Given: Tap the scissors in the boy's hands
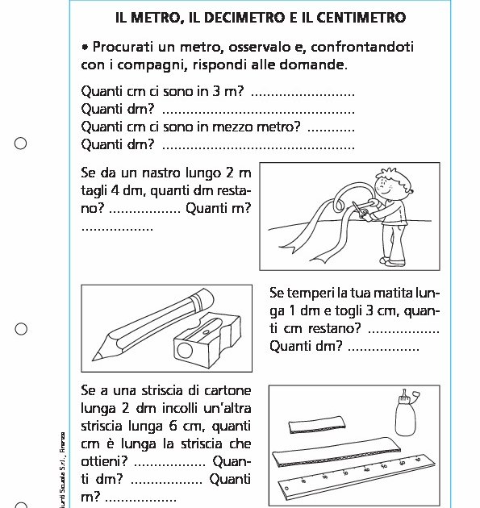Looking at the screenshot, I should [x=361, y=211].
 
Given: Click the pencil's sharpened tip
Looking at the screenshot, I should [x=96, y=354].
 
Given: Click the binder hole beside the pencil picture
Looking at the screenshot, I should [x=21, y=329].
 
